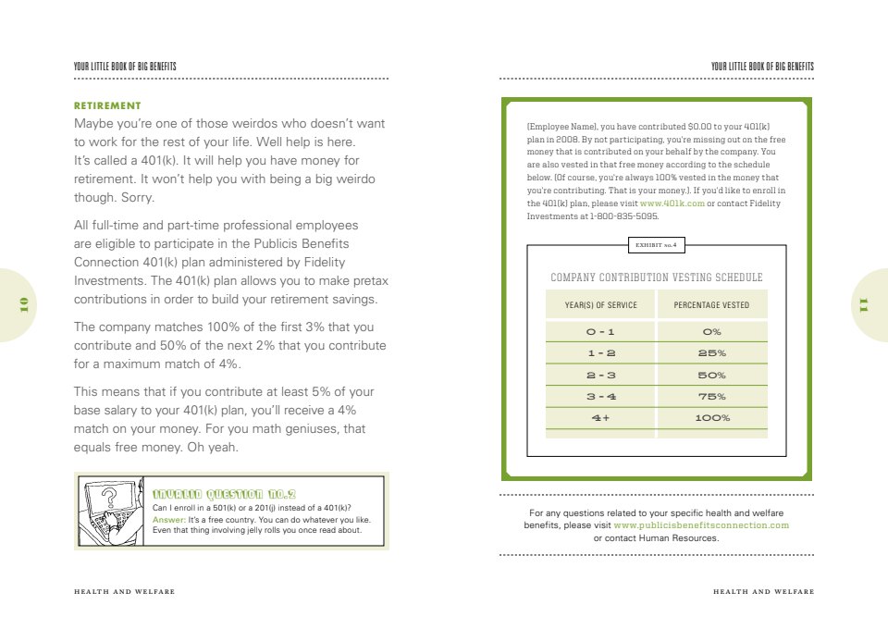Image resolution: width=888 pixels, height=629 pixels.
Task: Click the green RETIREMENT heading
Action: coord(107,105)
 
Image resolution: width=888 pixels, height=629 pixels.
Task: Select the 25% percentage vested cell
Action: coord(711,353)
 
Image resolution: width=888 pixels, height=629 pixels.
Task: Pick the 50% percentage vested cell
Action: coord(711,376)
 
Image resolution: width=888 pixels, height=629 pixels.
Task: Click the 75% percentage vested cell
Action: coord(711,397)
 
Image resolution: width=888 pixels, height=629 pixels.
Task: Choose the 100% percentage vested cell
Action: coord(711,418)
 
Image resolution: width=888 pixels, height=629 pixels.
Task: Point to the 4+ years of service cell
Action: coord(600,418)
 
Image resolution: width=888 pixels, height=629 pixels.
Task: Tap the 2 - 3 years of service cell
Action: coord(600,376)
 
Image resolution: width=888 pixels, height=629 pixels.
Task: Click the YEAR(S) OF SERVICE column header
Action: coord(600,305)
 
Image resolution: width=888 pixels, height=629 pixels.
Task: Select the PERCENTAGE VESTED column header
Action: coord(711,305)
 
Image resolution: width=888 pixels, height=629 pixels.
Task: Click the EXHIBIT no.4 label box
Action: coord(656,245)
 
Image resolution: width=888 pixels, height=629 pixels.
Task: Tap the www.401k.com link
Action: coord(672,203)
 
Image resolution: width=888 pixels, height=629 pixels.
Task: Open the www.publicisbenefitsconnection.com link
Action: coord(700,525)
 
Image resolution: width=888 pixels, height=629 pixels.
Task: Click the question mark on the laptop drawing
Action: coord(109,499)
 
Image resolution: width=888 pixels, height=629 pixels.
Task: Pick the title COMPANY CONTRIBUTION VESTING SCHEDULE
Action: coord(656,277)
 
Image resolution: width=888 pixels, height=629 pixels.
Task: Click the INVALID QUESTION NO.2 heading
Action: coord(223,493)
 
